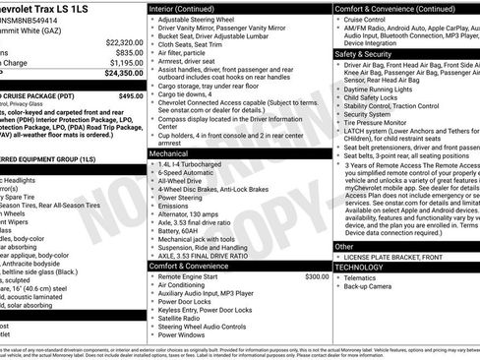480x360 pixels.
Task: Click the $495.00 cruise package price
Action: coord(130,96)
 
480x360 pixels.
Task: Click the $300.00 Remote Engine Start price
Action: coord(317,276)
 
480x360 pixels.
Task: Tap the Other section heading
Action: coord(344,246)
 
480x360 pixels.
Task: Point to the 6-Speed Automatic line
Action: coord(189,173)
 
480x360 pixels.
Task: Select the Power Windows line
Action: coord(184,334)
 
